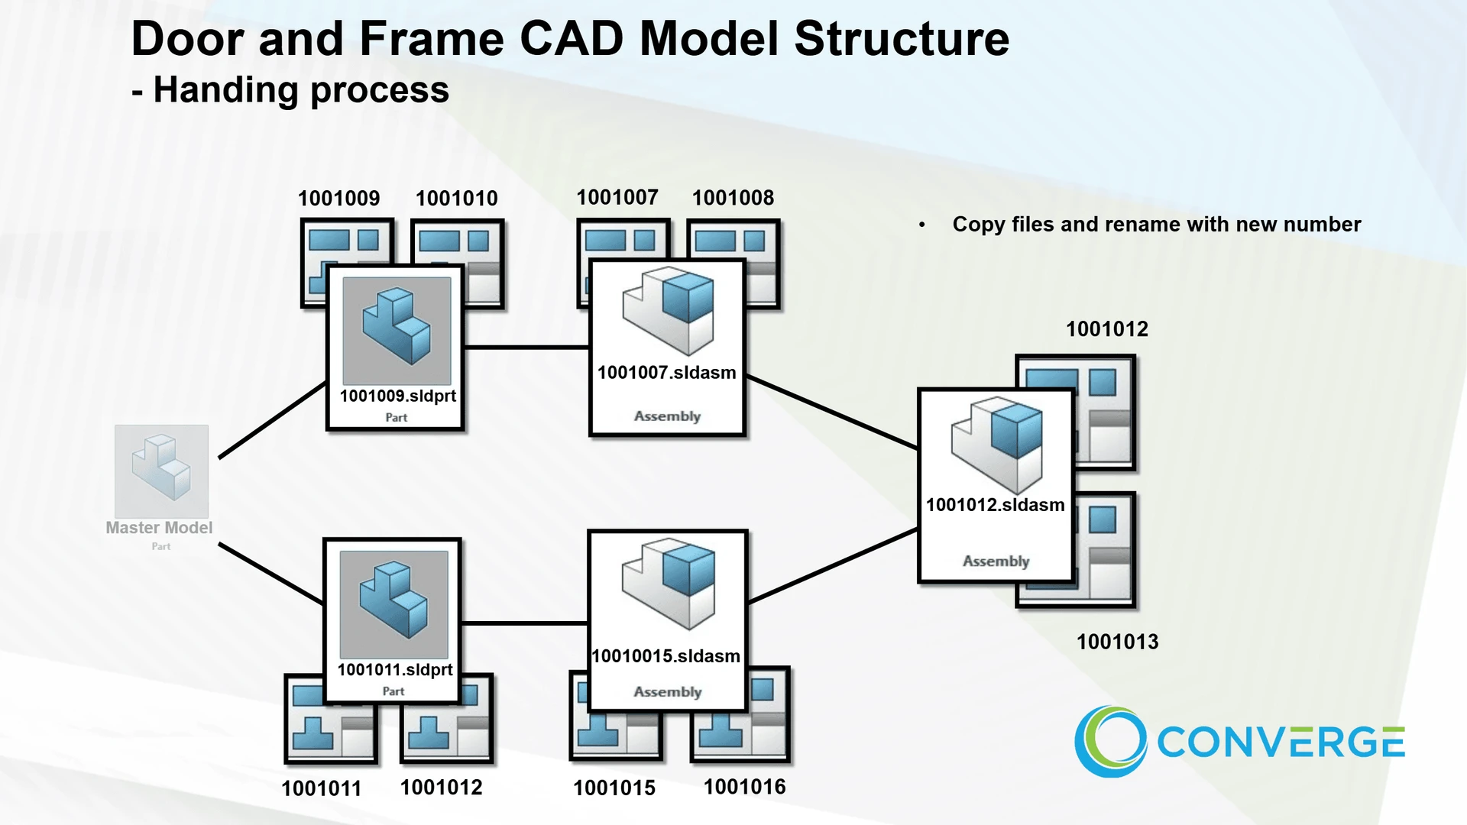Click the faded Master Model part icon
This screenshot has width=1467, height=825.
coord(161,471)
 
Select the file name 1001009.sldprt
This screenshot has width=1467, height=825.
coord(397,396)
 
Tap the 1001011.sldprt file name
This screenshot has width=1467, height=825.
coord(395,670)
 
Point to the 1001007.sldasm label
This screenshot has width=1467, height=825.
coord(666,373)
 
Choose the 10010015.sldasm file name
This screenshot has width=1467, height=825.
coord(665,656)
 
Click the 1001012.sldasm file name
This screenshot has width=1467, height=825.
coord(995,505)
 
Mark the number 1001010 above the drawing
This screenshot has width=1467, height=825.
coord(456,199)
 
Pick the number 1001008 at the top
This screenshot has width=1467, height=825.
coord(733,198)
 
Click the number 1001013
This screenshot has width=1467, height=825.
coord(1117,642)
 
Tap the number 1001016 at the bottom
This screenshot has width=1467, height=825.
coord(744,787)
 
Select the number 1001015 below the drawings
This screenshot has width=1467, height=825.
coord(614,788)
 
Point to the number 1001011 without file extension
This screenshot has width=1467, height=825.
coord(321,788)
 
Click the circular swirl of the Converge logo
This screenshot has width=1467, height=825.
coord(1110,741)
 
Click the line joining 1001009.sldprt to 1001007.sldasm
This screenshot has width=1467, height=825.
coord(526,348)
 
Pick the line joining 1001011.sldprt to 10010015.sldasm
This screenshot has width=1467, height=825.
coord(524,623)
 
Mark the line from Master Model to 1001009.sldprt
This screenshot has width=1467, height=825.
coord(272,421)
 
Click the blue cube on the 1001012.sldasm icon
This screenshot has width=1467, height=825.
coord(1017,431)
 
